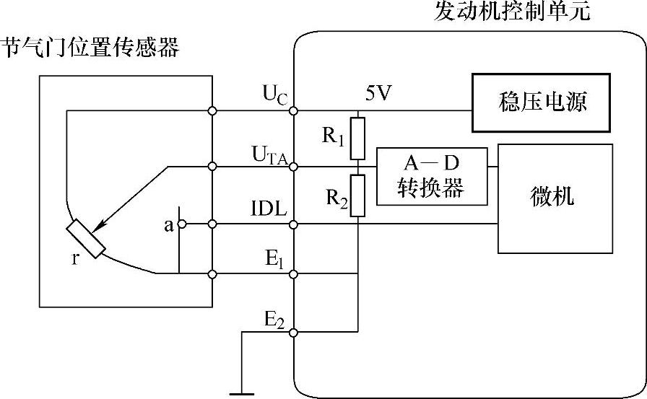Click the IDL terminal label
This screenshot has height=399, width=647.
coord(269,210)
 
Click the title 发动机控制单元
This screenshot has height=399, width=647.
coord(512,12)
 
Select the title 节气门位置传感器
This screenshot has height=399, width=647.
coord(90,48)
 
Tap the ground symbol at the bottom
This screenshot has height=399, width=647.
coord(240,394)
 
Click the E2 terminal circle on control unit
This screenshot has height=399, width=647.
coord(294,333)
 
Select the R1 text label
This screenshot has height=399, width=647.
coord(333,136)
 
